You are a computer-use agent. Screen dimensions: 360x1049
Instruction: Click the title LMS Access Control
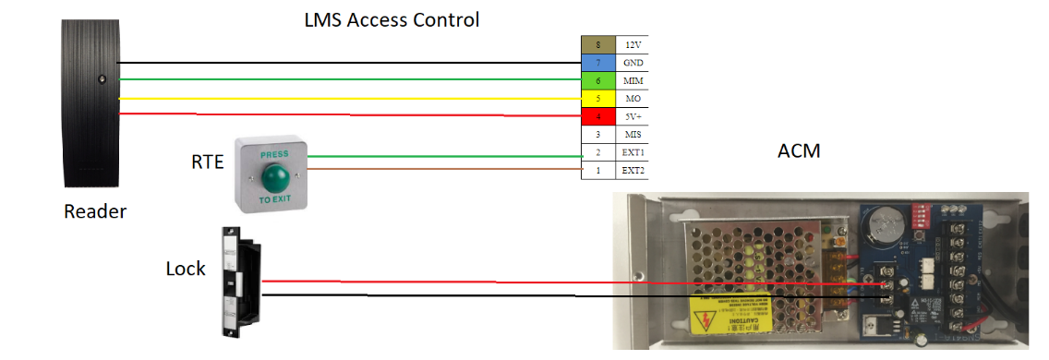(x=392, y=18)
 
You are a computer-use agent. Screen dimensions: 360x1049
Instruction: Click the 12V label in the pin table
(x=633, y=44)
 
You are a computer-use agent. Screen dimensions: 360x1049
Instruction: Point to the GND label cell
(x=633, y=62)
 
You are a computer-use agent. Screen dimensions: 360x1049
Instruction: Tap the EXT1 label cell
(x=633, y=152)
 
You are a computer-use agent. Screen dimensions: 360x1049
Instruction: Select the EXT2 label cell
(x=633, y=170)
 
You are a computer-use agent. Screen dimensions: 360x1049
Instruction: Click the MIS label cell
(x=633, y=134)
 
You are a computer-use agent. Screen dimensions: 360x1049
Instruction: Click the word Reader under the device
(x=94, y=212)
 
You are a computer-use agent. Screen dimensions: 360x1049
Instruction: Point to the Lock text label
(x=186, y=270)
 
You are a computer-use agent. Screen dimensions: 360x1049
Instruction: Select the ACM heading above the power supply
(x=799, y=150)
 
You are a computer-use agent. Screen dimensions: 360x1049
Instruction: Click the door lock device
(x=238, y=282)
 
